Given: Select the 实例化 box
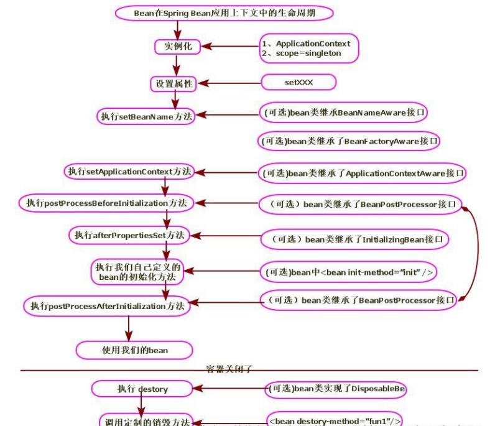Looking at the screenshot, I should pos(177,47).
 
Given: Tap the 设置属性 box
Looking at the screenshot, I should pos(174,83).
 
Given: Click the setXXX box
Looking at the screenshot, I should pos(298,82).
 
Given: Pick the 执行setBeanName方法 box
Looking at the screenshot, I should pos(146,116).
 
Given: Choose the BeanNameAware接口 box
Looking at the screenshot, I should pos(344,113).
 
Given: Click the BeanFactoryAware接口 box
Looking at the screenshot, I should pos(349,141).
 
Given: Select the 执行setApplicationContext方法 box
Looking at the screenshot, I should pos(130,171).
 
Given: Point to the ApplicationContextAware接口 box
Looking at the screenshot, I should pos(363,173).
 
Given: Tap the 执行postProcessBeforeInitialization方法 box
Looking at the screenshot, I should pos(106,203).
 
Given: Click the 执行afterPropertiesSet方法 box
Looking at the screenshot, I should pos(129,234).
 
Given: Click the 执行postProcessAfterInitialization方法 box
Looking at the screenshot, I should pos(107,305).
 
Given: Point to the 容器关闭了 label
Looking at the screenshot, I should pos(231,369).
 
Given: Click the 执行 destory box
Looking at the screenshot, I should pos(142,389).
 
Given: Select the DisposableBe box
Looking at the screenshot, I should pos(336,389).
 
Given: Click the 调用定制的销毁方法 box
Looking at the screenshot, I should pos(148,420).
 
